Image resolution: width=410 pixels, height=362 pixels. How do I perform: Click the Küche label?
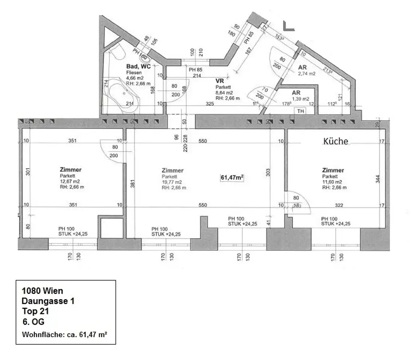click(x=336, y=141)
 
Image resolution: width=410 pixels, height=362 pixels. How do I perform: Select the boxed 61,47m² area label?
click(x=233, y=177)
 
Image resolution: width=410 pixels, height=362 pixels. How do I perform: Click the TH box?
click(x=299, y=111)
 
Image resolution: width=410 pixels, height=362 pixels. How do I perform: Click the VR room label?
click(x=219, y=81)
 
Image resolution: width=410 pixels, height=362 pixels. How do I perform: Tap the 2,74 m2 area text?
click(x=306, y=74)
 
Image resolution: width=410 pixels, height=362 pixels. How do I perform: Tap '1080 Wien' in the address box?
click(x=42, y=291)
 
